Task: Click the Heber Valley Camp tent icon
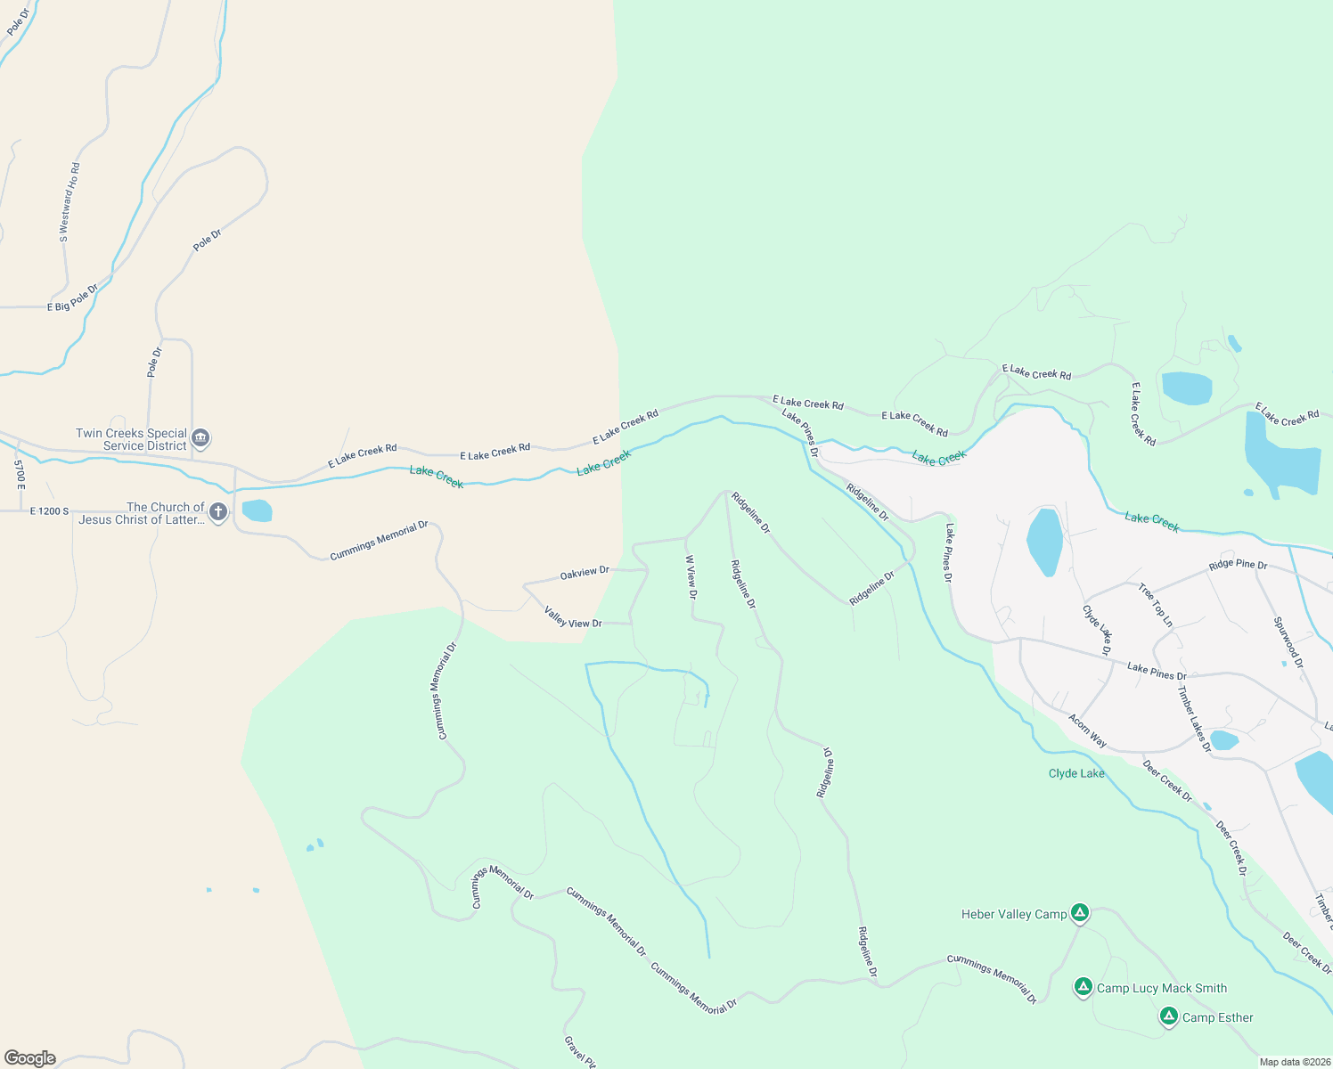click(x=1079, y=913)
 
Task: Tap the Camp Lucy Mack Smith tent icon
click(x=1083, y=987)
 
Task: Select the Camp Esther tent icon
click(x=1168, y=1016)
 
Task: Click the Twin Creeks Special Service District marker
click(x=200, y=438)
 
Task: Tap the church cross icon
click(x=218, y=512)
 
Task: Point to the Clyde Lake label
click(x=1076, y=773)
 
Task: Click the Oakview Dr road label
click(x=585, y=573)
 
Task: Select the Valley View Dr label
click(x=573, y=616)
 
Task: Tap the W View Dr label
click(x=691, y=577)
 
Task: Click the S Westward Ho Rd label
click(x=70, y=202)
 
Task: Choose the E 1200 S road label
click(x=49, y=511)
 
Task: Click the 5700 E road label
click(x=20, y=473)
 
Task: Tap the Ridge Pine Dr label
click(x=1238, y=565)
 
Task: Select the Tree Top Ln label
click(x=1156, y=605)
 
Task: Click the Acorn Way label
click(x=1088, y=730)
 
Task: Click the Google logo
click(x=30, y=1058)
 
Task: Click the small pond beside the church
click(x=257, y=510)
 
